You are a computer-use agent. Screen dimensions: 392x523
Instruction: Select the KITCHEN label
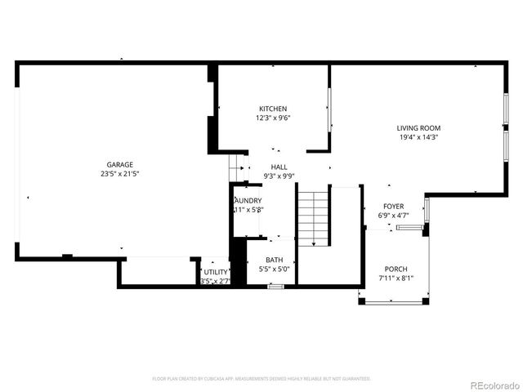point(273,109)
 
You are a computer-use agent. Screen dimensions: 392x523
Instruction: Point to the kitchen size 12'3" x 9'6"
point(273,118)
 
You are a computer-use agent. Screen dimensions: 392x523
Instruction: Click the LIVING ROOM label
point(418,128)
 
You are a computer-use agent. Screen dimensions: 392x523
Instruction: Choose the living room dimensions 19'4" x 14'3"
point(418,137)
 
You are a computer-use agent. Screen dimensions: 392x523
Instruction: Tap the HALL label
point(279,167)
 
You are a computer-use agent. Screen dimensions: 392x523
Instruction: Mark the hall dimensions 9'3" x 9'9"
point(279,176)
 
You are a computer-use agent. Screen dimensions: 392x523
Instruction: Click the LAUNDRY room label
point(248,200)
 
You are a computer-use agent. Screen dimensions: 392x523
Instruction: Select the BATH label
point(274,260)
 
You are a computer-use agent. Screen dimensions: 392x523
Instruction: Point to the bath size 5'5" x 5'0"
point(274,269)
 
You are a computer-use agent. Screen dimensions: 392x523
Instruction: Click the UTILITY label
point(217,272)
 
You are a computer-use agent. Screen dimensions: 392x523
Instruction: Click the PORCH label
point(396,269)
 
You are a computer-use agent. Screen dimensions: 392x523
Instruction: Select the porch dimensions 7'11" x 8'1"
point(396,278)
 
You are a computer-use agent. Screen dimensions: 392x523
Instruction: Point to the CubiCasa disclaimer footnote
point(261,379)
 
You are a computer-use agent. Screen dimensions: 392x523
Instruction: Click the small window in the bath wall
point(276,286)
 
